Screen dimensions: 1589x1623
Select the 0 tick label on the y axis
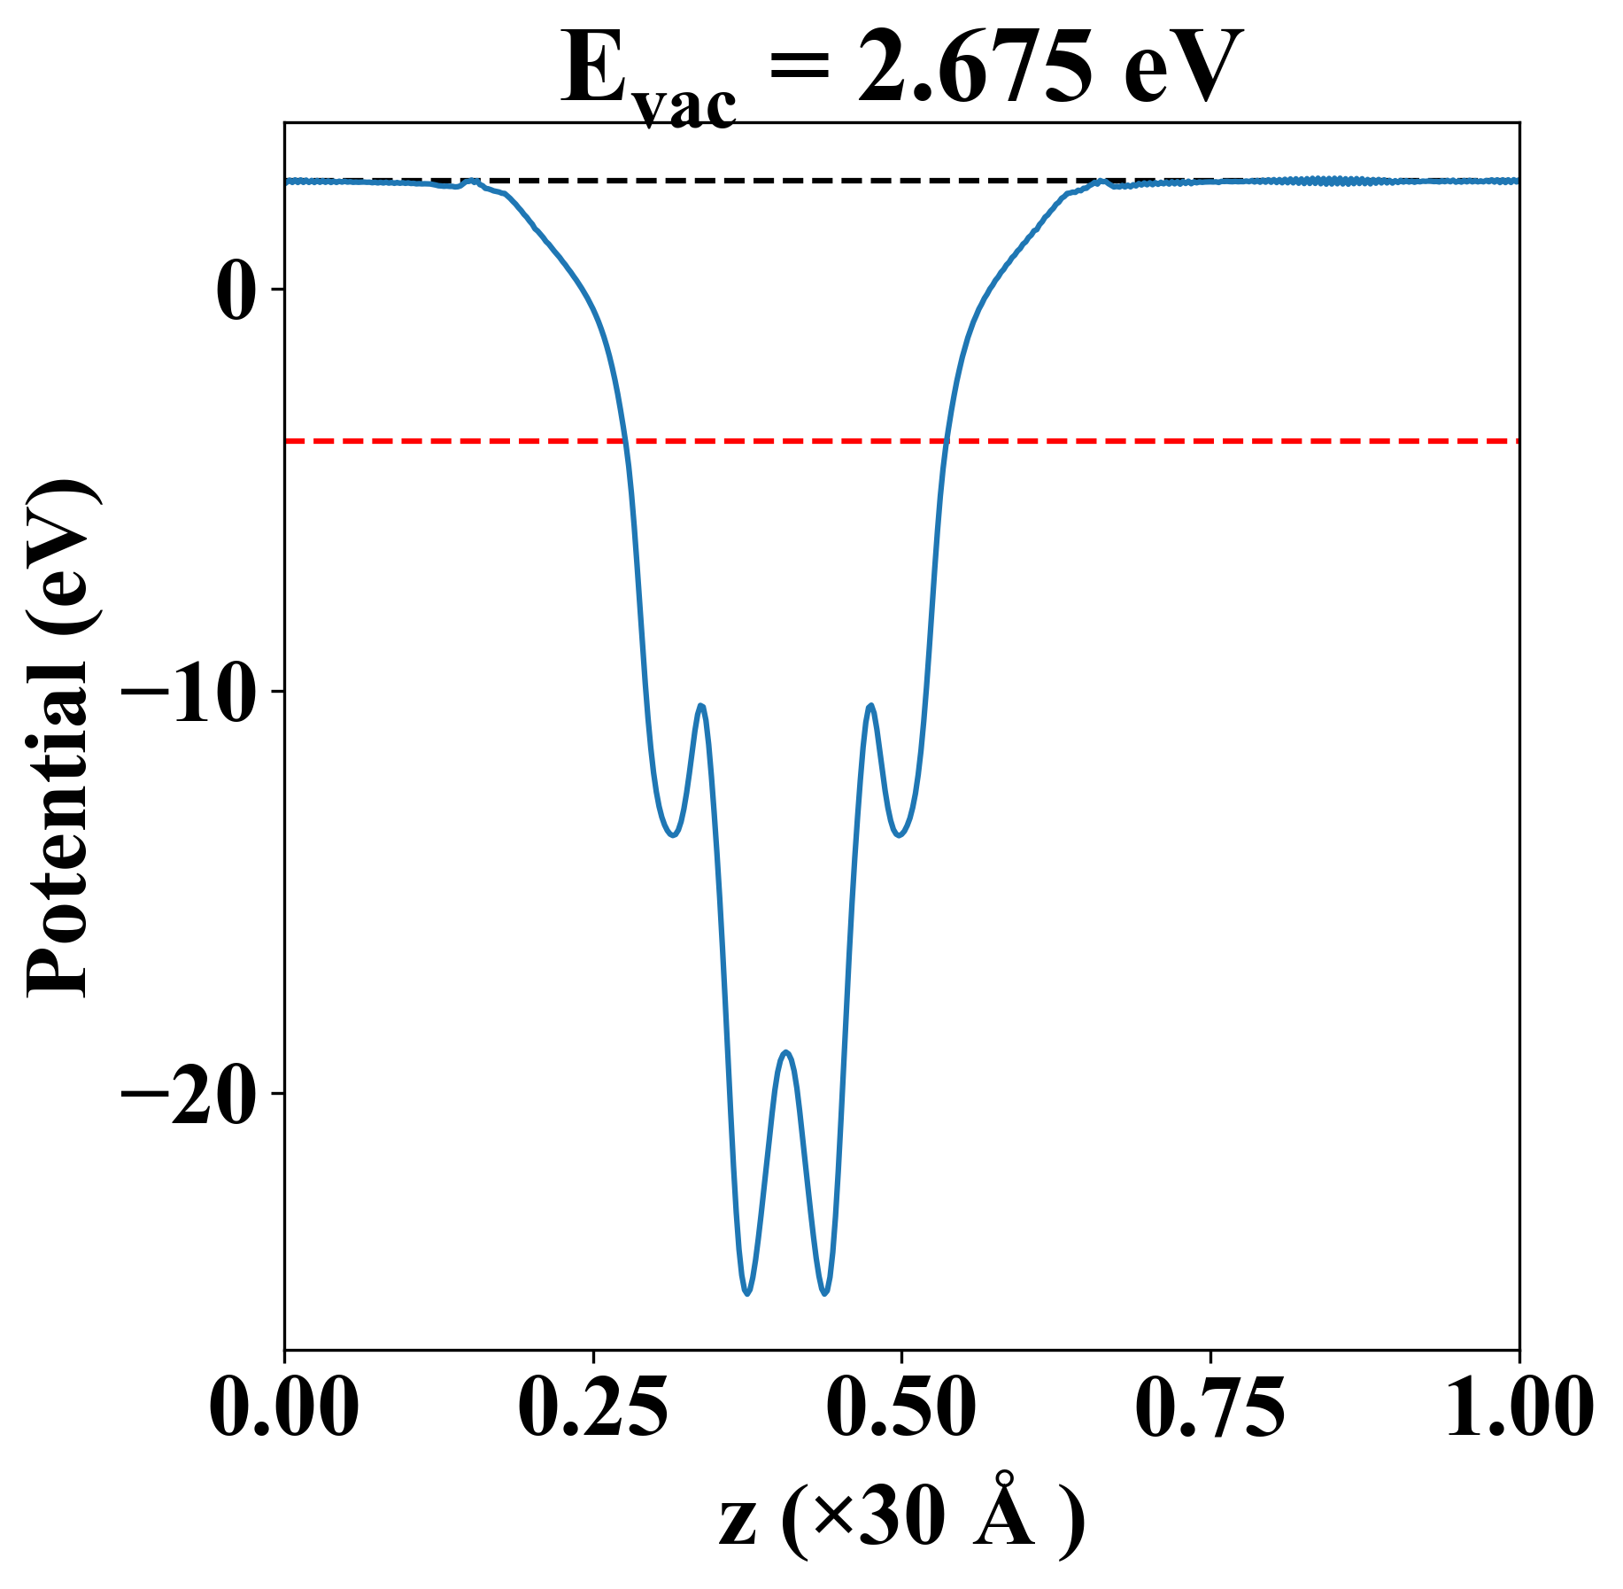pos(238,290)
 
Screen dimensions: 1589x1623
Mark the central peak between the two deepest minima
pos(786,1052)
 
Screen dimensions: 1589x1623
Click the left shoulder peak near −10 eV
pos(701,705)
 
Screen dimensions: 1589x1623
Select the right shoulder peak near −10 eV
pos(871,705)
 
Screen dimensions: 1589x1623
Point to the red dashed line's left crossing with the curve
pos(625,440)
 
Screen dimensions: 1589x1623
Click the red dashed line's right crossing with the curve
pos(946,440)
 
